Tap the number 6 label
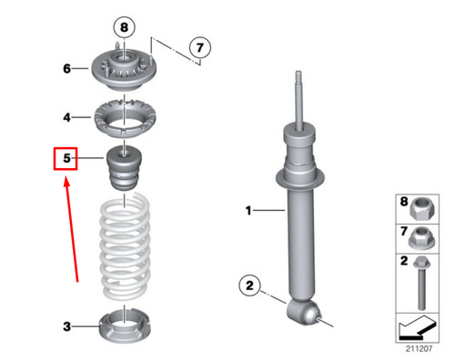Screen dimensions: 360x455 (x=66, y=68)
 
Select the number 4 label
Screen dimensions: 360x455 (x=66, y=117)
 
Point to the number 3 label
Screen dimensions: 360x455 (x=66, y=325)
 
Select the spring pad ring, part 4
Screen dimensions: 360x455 (x=125, y=117)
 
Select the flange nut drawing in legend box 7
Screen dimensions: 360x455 (x=420, y=240)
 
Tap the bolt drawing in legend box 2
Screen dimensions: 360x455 (x=420, y=282)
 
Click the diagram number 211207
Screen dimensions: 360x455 (x=420, y=346)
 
